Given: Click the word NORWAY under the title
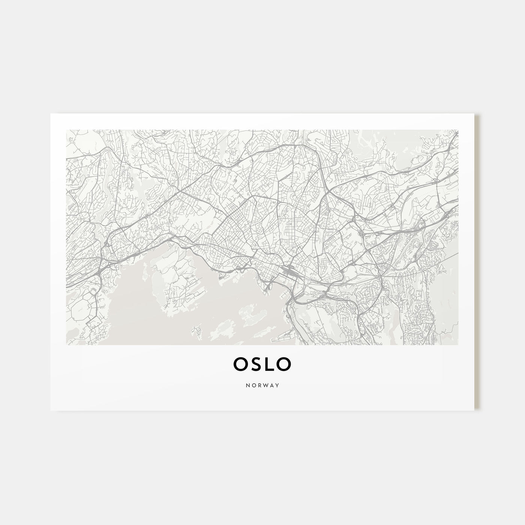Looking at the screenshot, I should pos(262,385).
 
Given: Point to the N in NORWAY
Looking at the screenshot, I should pos(247,385).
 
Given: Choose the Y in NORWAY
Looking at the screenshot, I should pos(277,385).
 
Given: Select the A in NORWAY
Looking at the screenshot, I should pos(271,385).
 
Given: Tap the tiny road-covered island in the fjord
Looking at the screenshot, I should pos(195,330).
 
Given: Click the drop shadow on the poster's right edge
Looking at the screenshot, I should pos(477,262).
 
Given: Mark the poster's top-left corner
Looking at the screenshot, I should pos(51,114).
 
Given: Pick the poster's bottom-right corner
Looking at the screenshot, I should pos(474,410).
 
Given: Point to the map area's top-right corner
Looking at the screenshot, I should pos(458,130).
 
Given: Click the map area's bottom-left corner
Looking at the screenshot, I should pos(66,345).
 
